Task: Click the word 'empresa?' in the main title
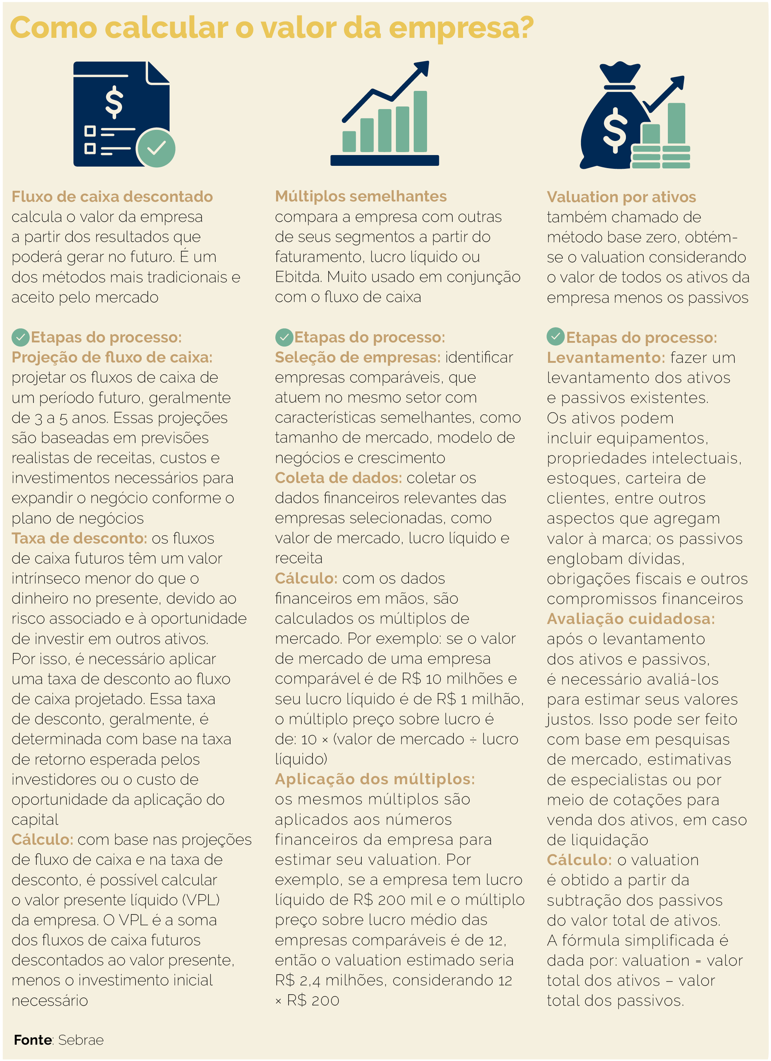pos(461,28)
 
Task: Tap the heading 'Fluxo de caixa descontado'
pos(112,197)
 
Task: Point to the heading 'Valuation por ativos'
pos(621,197)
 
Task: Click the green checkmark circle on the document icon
pos(156,148)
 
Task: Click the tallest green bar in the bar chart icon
pos(420,121)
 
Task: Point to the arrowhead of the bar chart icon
pos(423,67)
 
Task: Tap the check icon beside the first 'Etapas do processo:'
pos(20,337)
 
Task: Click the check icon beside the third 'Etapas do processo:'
pos(555,337)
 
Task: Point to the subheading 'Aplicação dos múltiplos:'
pos(375,779)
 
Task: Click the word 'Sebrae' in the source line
pos(81,1040)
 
